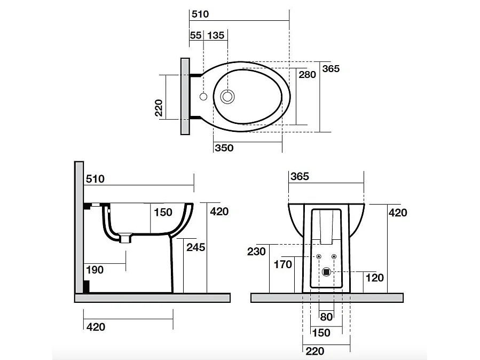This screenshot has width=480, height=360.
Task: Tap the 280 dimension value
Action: [x=307, y=75]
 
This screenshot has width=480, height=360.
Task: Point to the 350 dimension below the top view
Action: [x=223, y=148]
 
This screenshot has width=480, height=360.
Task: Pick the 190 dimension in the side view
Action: [x=95, y=270]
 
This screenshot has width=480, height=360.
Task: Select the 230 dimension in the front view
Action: [x=257, y=251]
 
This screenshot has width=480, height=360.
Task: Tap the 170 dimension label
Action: [x=283, y=264]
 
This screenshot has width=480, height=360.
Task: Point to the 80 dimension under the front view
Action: [x=326, y=317]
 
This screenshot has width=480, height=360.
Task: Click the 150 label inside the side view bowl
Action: [x=163, y=212]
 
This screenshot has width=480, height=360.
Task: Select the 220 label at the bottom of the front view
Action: [x=314, y=351]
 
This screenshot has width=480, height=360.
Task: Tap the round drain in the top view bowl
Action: [x=228, y=97]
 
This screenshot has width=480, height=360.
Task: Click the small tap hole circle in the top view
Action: [x=203, y=97]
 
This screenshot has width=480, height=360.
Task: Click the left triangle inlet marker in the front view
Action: [x=319, y=257]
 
